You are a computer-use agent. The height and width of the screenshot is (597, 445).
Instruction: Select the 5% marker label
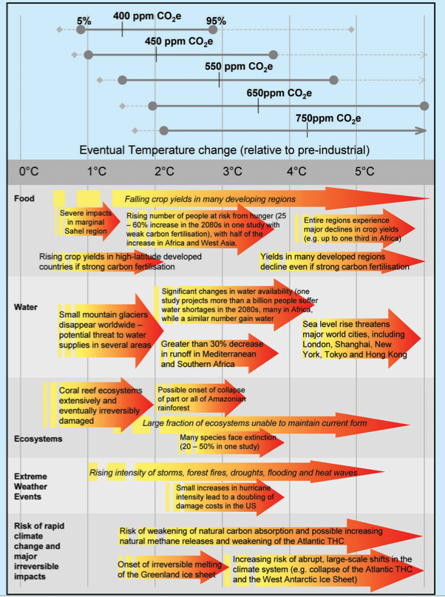click(x=84, y=21)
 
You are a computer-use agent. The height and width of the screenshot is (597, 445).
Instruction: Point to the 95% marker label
click(x=216, y=21)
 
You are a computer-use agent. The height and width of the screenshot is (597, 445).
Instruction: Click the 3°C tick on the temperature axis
click(x=232, y=172)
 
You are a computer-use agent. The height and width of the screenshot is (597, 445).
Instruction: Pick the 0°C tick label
click(x=29, y=172)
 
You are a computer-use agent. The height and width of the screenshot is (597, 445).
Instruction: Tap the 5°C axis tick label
click(x=364, y=172)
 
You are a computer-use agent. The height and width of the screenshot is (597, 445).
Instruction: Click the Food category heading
click(x=24, y=198)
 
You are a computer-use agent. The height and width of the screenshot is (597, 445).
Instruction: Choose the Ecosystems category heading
click(x=38, y=439)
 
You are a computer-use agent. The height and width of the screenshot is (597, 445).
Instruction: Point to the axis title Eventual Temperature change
click(x=224, y=150)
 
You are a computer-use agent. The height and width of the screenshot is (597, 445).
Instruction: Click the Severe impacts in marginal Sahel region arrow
click(x=88, y=222)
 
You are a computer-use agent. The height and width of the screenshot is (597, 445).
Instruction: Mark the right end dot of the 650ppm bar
click(x=424, y=106)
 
